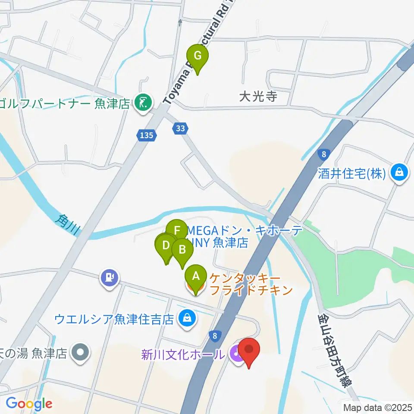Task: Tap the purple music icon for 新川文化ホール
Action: [x=236, y=354]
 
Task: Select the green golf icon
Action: [x=143, y=103]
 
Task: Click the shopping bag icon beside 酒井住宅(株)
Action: [x=399, y=173]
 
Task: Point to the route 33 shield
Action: [x=180, y=128]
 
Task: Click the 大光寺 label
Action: [x=258, y=96]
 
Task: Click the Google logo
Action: [x=28, y=404]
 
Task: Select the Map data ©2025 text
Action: [x=377, y=407]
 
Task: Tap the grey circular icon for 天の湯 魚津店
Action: [x=81, y=353]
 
